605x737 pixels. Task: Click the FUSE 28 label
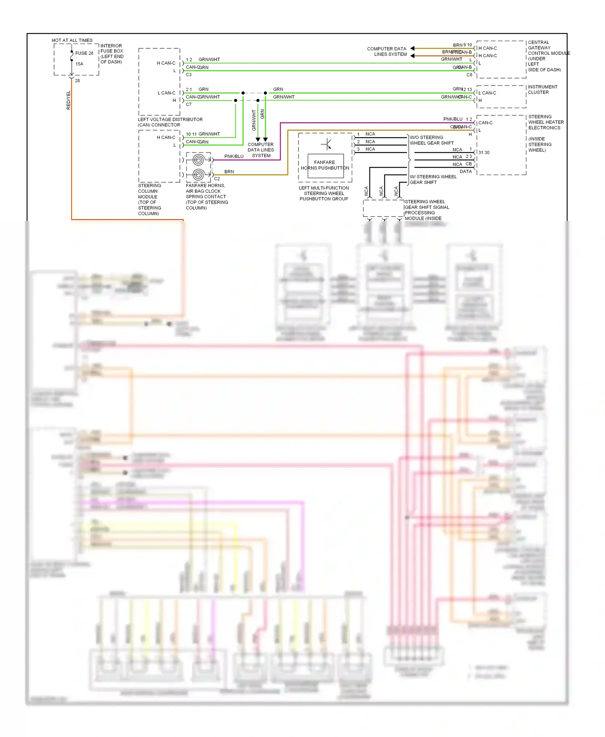click(84, 53)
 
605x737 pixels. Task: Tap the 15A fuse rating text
click(79, 64)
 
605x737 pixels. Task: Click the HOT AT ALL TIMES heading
click(72, 40)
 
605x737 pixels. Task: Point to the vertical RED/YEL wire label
click(68, 100)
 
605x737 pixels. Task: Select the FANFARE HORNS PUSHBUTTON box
click(325, 165)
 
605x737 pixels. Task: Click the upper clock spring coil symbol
click(198, 160)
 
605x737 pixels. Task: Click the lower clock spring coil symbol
click(198, 175)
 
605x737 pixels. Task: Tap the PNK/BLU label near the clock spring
click(234, 156)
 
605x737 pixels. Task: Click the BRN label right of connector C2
click(229, 172)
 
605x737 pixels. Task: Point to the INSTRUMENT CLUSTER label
click(542, 90)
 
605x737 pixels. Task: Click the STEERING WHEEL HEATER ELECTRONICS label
click(546, 122)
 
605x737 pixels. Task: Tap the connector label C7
click(188, 104)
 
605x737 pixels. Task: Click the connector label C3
click(188, 75)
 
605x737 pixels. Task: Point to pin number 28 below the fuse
click(77, 81)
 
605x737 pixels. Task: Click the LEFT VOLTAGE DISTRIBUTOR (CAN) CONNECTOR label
click(170, 122)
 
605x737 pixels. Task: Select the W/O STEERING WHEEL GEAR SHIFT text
click(432, 140)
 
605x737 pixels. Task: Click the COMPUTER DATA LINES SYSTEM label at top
click(386, 51)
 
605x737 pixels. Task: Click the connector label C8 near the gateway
click(469, 75)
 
